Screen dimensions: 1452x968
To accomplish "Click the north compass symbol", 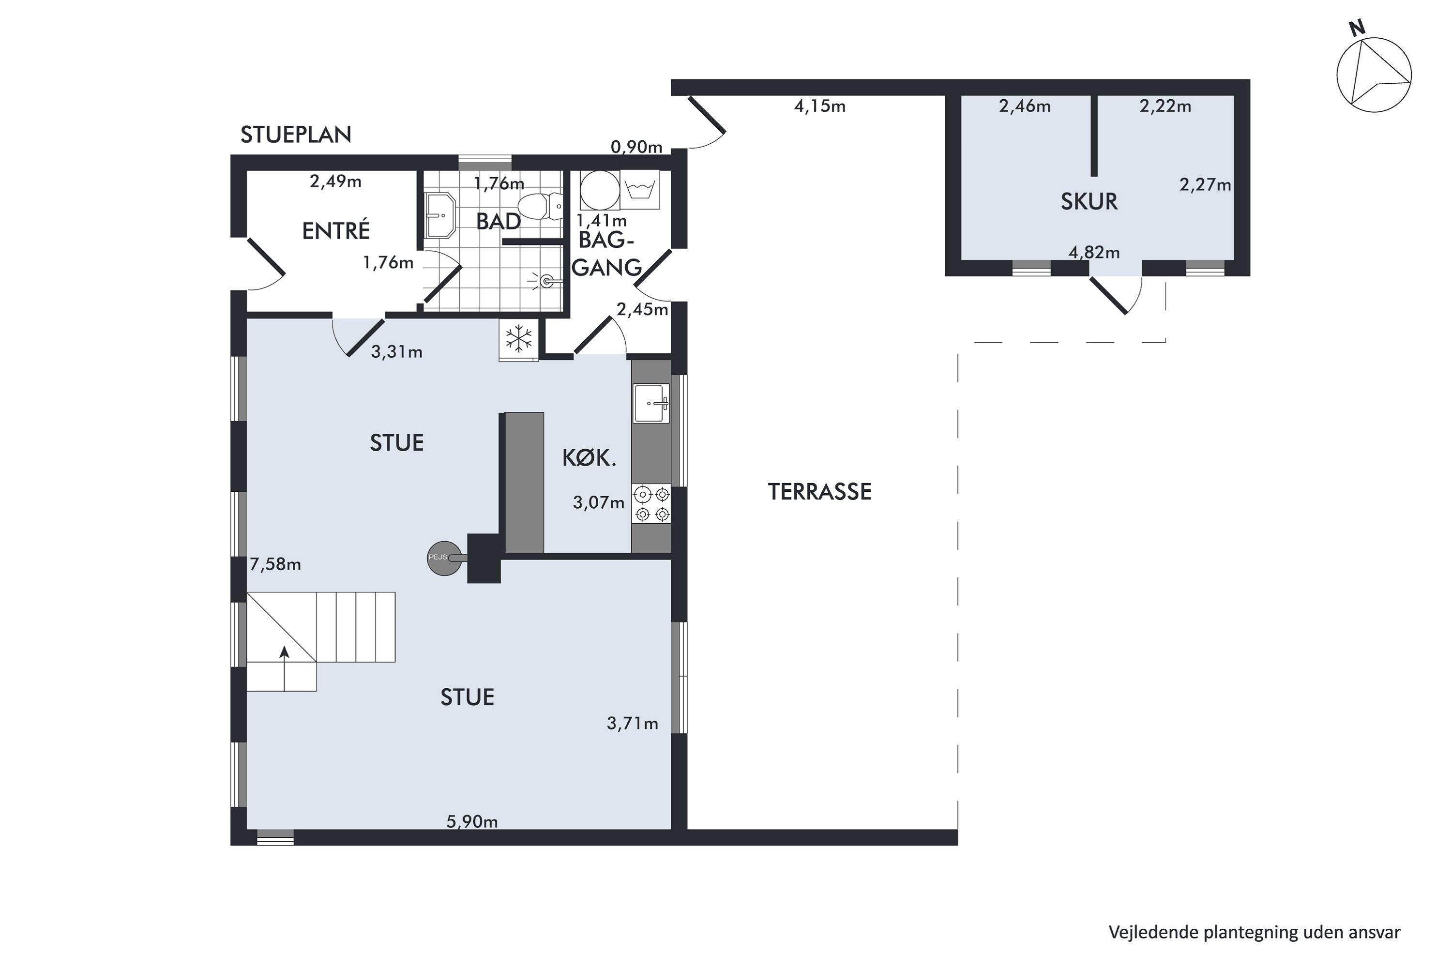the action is pos(1374,74).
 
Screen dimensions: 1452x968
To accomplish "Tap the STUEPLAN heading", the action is pos(296,135).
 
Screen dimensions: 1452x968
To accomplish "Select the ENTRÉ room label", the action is pos(336,230).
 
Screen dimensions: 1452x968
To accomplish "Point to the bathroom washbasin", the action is pos(440,215).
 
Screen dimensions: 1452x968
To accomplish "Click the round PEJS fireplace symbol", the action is pos(444,558).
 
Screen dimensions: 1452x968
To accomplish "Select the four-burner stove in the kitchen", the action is pos(652,504).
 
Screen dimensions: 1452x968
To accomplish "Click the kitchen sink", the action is pos(651,404).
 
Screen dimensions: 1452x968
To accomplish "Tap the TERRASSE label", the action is pos(819,492).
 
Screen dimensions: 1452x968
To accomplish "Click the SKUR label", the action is pos(1089,202).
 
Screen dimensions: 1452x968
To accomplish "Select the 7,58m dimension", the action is pos(275,564).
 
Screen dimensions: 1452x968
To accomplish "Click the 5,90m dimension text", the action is pos(472,822).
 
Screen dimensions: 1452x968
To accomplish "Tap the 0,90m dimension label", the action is pos(636,147).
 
